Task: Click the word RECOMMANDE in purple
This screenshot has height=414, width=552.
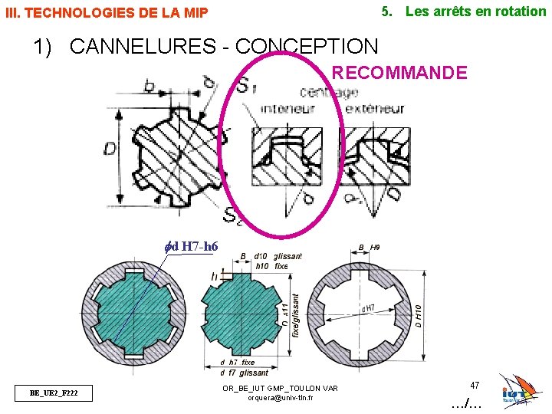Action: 399,73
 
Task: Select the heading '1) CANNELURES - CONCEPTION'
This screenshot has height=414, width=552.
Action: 205,46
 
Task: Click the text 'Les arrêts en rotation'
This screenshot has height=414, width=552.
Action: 475,11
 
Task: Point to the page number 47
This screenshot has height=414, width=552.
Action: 475,385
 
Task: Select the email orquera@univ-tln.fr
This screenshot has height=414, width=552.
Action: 280,397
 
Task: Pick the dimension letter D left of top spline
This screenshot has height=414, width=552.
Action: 111,146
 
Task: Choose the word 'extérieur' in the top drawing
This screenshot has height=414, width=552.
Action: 375,109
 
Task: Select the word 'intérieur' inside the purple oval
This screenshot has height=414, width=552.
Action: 287,109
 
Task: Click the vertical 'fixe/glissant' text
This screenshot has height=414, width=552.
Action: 296,319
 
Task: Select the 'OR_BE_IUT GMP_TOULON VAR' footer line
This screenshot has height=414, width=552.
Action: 280,388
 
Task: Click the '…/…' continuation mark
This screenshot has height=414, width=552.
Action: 466,402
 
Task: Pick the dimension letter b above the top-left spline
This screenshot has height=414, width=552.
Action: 149,85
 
